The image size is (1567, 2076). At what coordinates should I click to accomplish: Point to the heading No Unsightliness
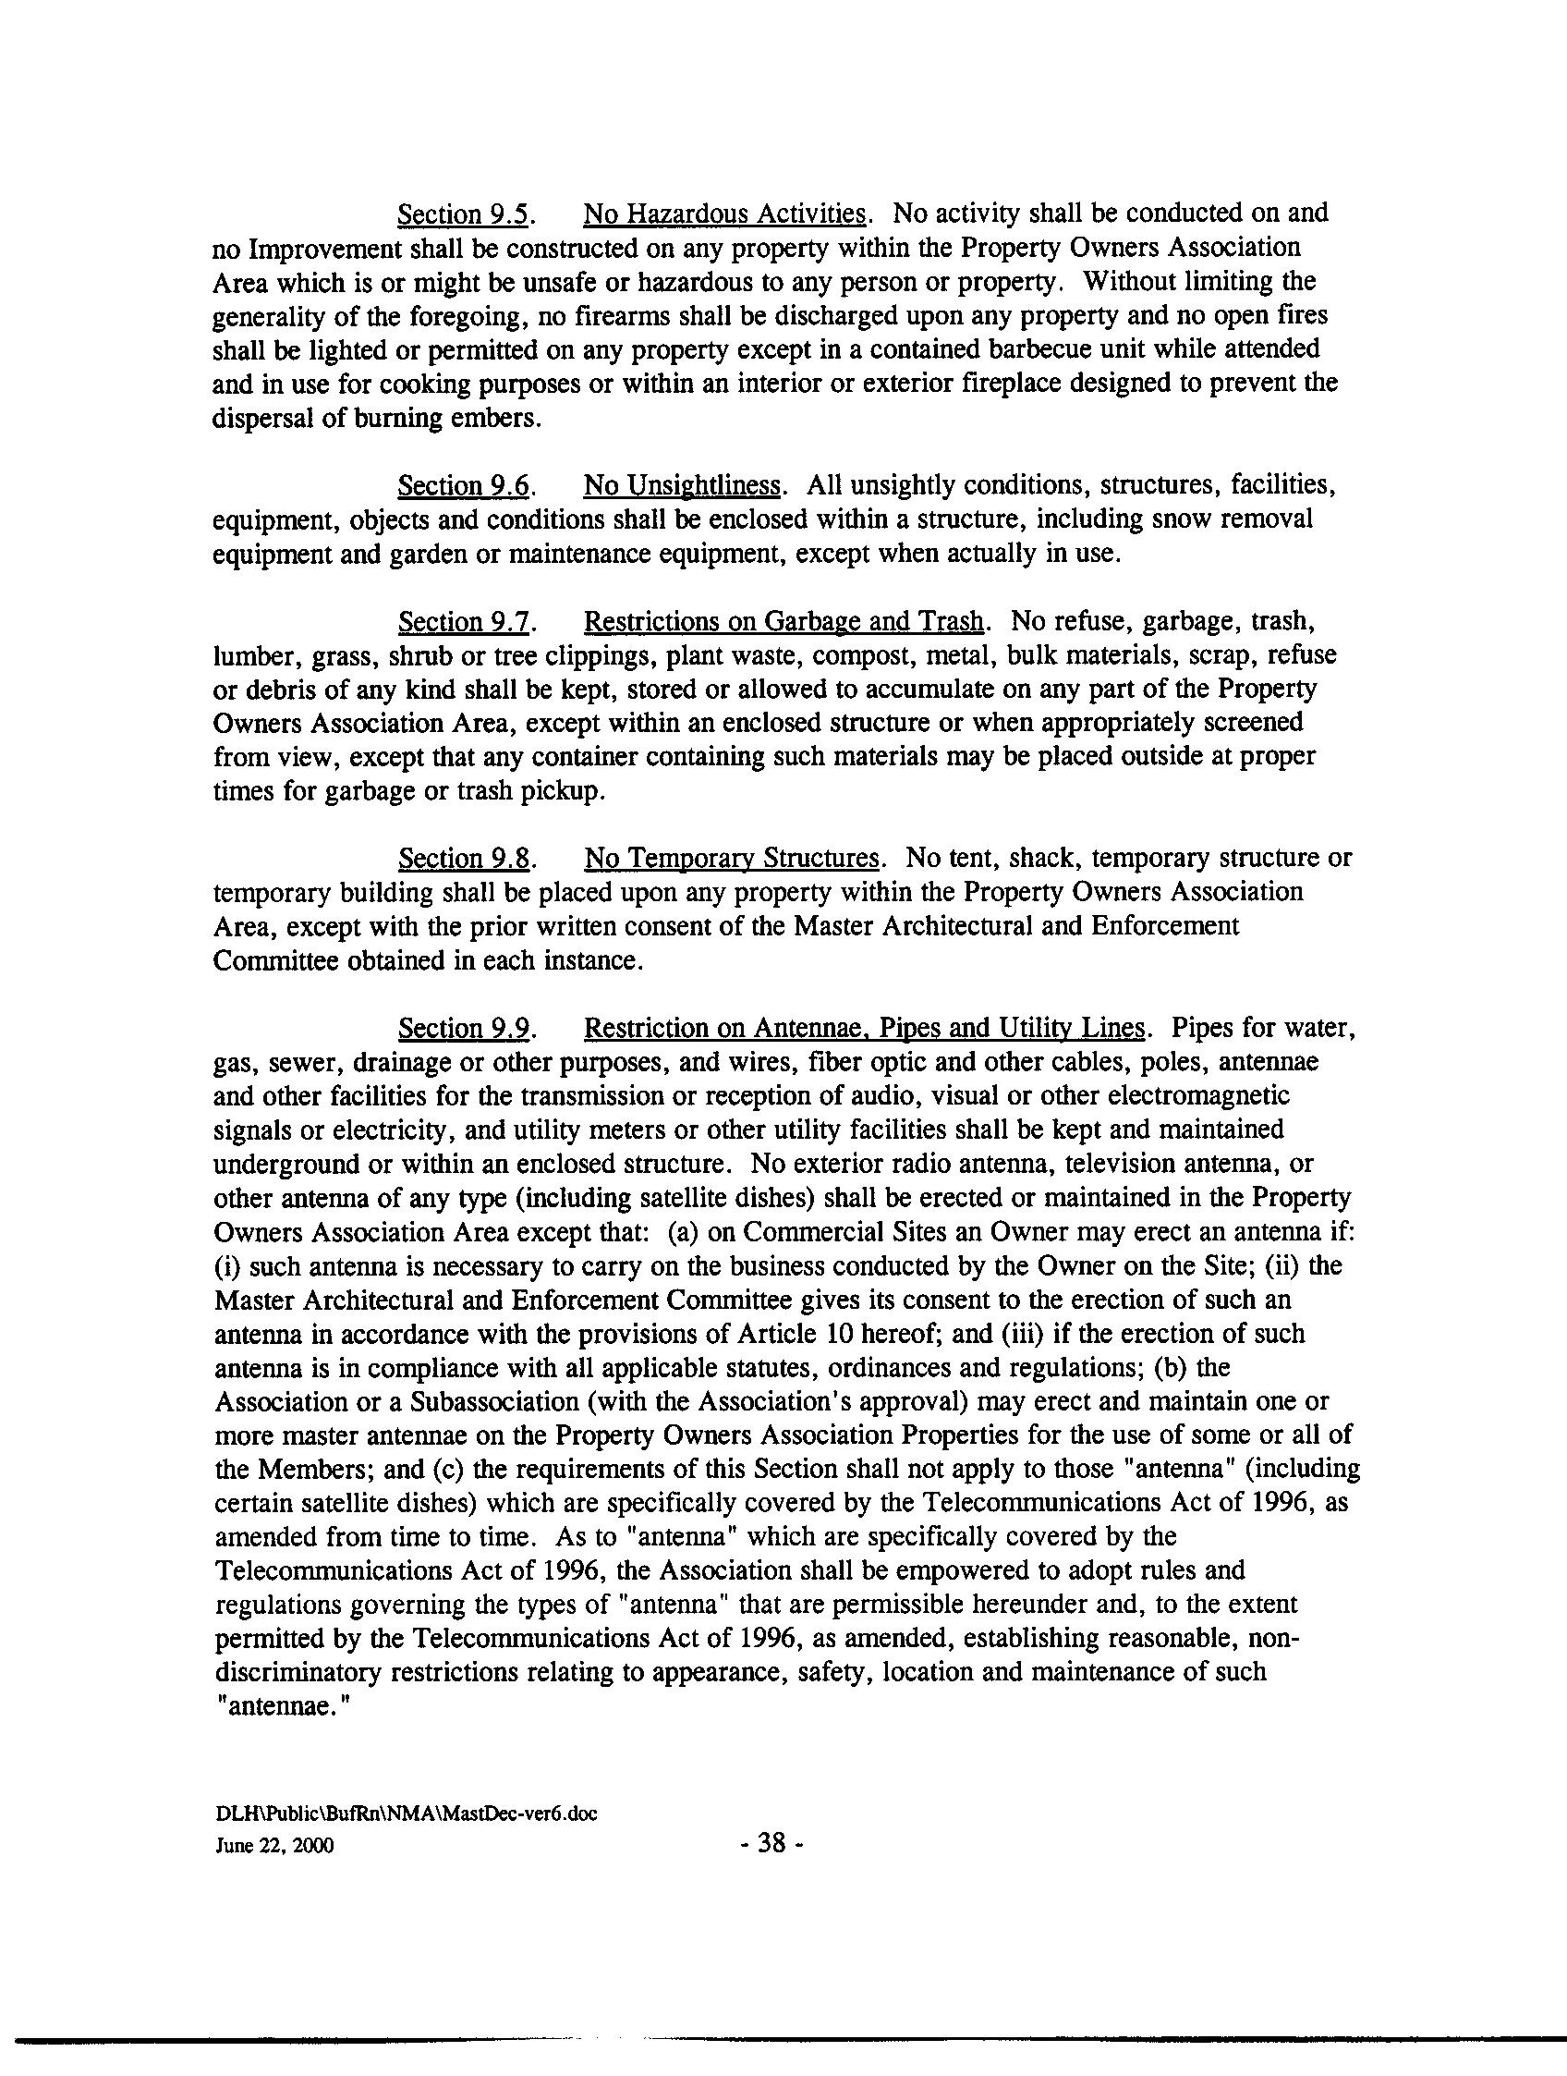(682, 486)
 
